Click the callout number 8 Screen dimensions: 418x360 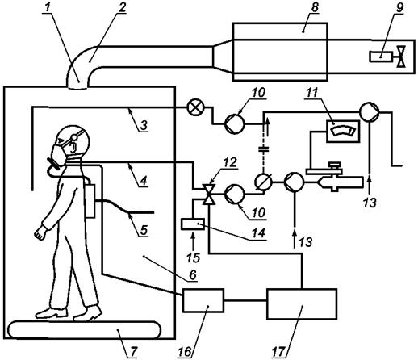(314, 8)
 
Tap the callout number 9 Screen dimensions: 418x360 (400, 8)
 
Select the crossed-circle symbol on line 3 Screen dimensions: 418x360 (195, 109)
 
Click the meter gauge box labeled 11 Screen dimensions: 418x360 (343, 131)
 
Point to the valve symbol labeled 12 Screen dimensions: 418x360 (209, 195)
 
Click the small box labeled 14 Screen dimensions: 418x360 (193, 224)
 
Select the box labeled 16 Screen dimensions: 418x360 (203, 300)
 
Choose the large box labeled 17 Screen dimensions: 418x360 (302, 303)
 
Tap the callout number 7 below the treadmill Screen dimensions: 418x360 (133, 351)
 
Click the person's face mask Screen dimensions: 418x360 (59, 154)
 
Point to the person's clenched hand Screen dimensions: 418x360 (40, 232)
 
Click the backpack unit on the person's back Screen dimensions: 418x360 (90, 200)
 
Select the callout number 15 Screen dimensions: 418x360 (193, 257)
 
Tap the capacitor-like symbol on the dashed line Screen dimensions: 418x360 (264, 149)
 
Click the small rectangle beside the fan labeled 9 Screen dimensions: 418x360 (381, 57)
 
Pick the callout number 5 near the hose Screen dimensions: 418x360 (144, 230)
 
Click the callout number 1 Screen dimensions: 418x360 (48, 8)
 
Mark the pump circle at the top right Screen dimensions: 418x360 (370, 111)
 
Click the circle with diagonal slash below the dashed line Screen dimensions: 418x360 (264, 182)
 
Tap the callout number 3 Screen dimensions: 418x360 (144, 125)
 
